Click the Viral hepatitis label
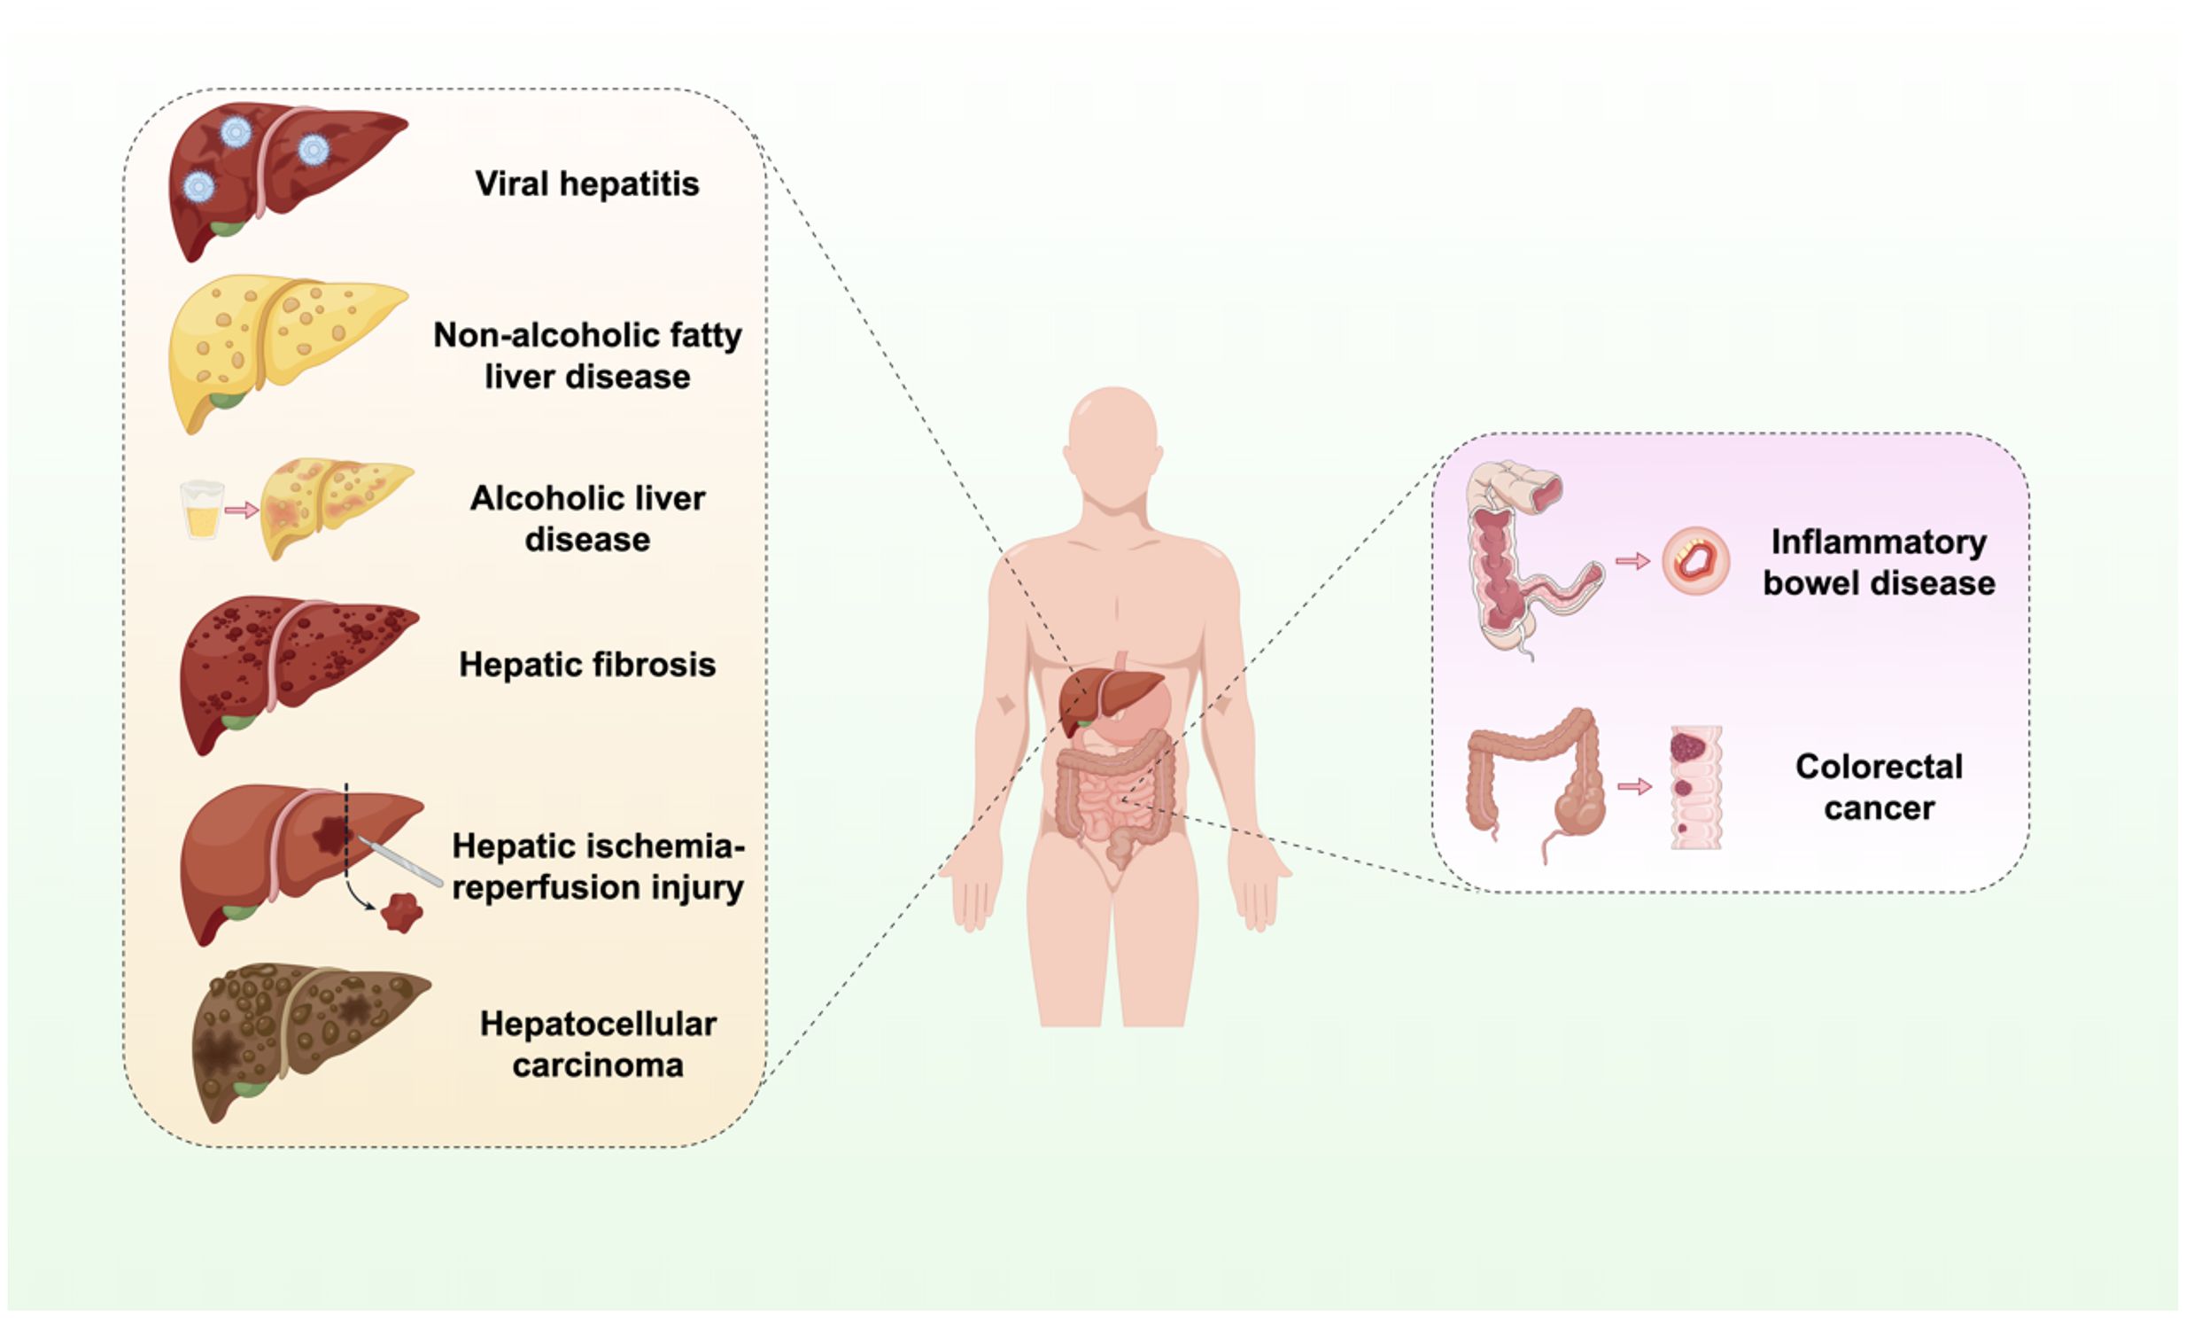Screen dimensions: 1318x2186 [586, 183]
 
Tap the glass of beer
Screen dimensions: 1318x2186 [202, 510]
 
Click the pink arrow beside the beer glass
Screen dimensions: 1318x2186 [241, 511]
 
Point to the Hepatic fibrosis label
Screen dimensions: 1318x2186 [586, 664]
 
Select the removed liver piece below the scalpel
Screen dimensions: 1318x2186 [402, 911]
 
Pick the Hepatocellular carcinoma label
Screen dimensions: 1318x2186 [598, 1044]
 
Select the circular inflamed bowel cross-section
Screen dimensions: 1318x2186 [1695, 561]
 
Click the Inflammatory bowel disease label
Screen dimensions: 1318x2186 [1878, 562]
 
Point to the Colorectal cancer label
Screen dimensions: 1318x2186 [1878, 786]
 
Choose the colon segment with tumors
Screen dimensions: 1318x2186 [1695, 787]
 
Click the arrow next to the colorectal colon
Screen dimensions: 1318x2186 [1634, 786]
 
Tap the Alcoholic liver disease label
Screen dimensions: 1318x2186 [586, 519]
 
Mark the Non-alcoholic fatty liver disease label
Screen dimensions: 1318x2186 [586, 355]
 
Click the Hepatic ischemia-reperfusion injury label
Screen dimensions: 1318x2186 [598, 866]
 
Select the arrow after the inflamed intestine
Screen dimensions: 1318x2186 [1632, 561]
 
